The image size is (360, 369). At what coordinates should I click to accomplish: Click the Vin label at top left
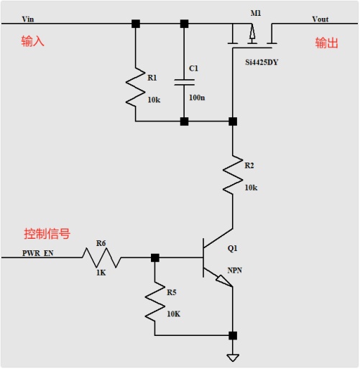coord(28,19)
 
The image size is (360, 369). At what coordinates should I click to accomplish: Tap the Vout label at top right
coord(320,19)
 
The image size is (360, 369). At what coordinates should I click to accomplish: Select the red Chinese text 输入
coord(32,41)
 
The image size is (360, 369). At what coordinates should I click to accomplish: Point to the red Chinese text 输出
coord(326,43)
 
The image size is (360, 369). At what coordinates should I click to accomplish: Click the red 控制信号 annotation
coord(47,234)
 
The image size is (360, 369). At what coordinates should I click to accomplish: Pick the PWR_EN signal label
coord(38,253)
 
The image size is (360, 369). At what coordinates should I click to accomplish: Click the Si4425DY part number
coord(262,63)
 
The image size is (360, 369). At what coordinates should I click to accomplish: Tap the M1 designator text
coord(256,13)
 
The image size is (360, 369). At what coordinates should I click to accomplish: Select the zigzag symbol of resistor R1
coord(136,87)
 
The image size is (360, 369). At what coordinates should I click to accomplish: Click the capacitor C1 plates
coord(184,82)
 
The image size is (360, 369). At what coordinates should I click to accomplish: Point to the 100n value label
coord(197,98)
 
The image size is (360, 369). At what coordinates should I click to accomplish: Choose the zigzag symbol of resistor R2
coord(233,175)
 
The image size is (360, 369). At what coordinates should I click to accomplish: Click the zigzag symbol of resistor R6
coord(102,258)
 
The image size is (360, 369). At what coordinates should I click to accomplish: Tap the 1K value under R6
coord(101,273)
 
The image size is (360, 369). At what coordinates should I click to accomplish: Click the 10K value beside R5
coord(173,314)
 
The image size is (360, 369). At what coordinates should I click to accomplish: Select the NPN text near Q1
coord(234,270)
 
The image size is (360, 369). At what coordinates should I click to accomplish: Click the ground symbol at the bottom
coord(233,357)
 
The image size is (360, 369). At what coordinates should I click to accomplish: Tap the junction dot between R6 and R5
coord(155,258)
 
